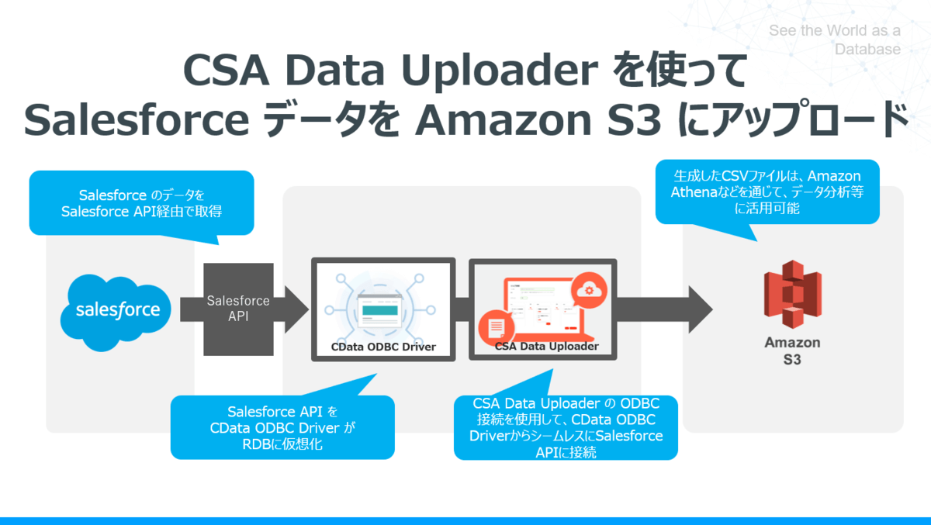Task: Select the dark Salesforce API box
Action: (x=238, y=309)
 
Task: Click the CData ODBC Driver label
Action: (x=383, y=347)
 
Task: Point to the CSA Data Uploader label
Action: (x=546, y=347)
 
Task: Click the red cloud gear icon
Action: (x=587, y=290)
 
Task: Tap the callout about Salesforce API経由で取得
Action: (x=141, y=202)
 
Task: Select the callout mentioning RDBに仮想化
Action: (x=282, y=427)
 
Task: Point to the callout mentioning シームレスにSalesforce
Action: (x=566, y=427)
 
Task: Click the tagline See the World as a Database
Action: (x=835, y=40)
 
